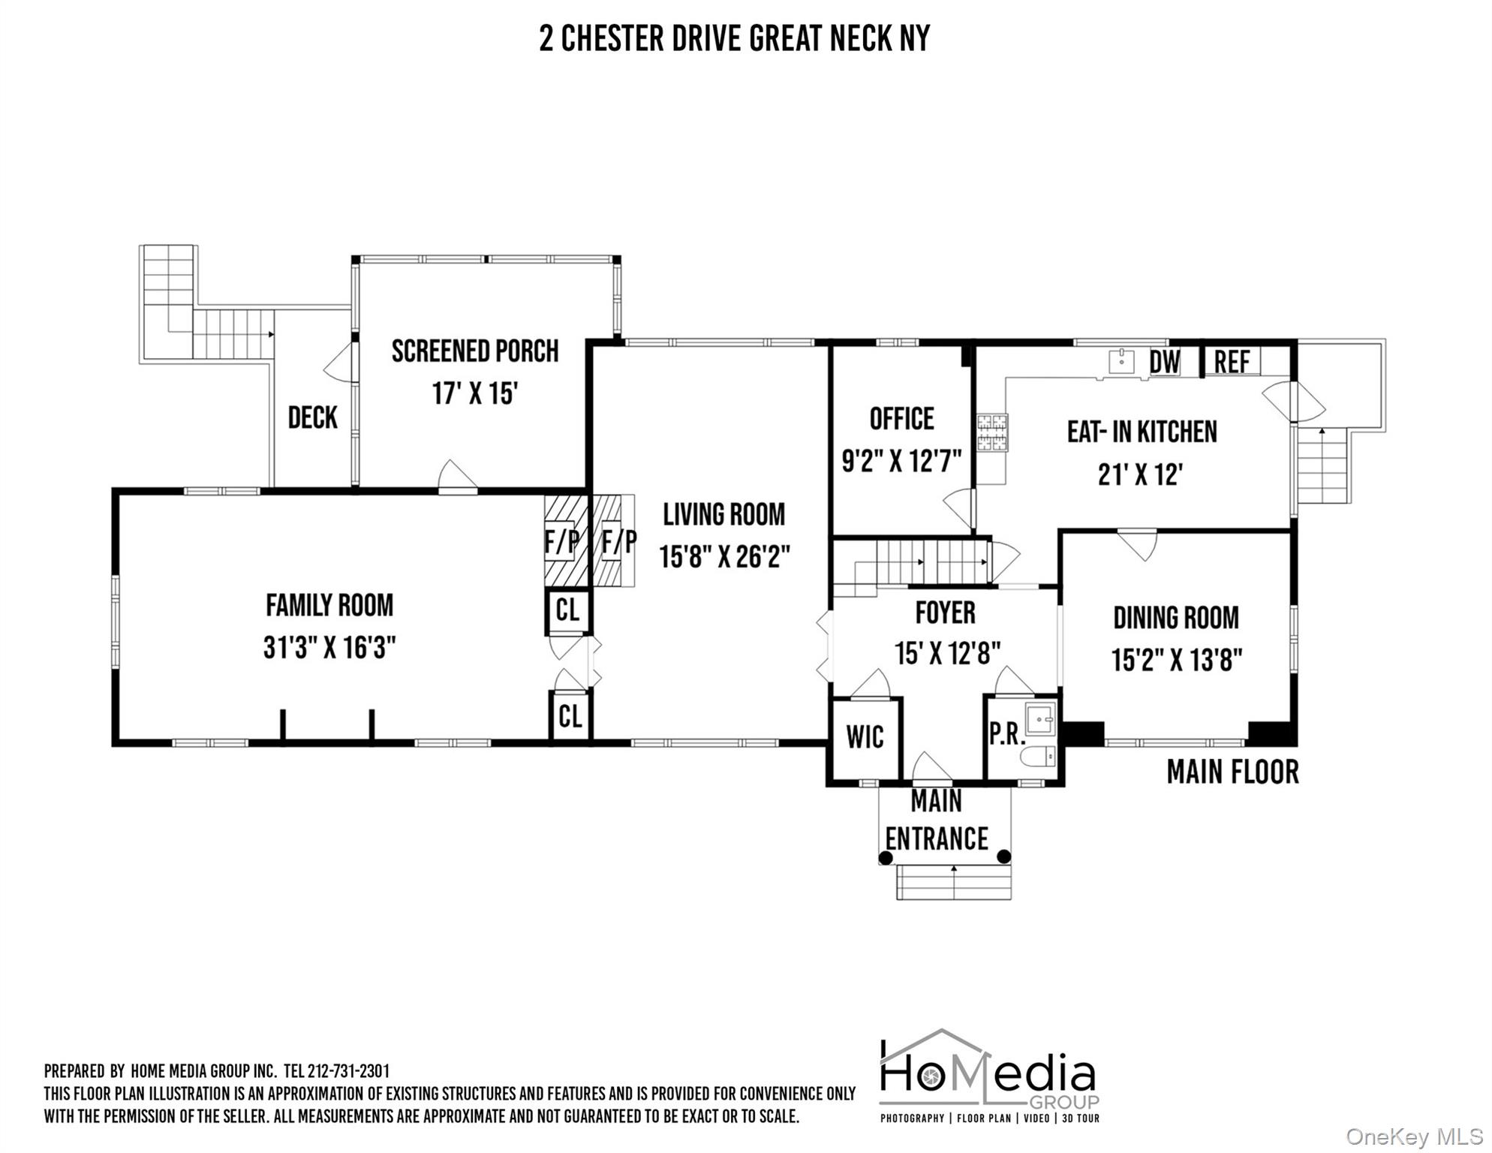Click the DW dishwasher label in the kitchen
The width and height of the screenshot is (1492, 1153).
[x=1166, y=362]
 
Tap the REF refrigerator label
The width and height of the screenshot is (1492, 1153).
[x=1232, y=362]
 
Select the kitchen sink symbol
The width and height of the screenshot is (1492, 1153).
[x=1121, y=361]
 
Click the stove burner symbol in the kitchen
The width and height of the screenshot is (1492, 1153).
[x=992, y=432]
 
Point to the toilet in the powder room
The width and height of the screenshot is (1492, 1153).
[x=1039, y=756]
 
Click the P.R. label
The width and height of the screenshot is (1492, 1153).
[x=1006, y=734]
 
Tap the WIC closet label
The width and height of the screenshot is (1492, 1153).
[x=865, y=737]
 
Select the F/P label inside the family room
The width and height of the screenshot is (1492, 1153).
[x=561, y=540]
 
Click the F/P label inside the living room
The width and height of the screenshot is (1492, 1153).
[x=619, y=540]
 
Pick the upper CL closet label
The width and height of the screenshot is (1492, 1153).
[x=567, y=610]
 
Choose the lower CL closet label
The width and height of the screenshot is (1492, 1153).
[x=570, y=716]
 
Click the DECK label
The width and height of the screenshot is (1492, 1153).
[x=313, y=417]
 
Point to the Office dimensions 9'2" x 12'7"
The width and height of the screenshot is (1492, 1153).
[x=901, y=461]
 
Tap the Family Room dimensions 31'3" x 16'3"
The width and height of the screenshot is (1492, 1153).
[x=329, y=647]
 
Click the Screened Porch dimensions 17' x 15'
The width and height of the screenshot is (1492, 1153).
[x=475, y=393]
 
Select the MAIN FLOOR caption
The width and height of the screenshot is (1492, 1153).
[x=1232, y=772]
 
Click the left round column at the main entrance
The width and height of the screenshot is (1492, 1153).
[x=886, y=857]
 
